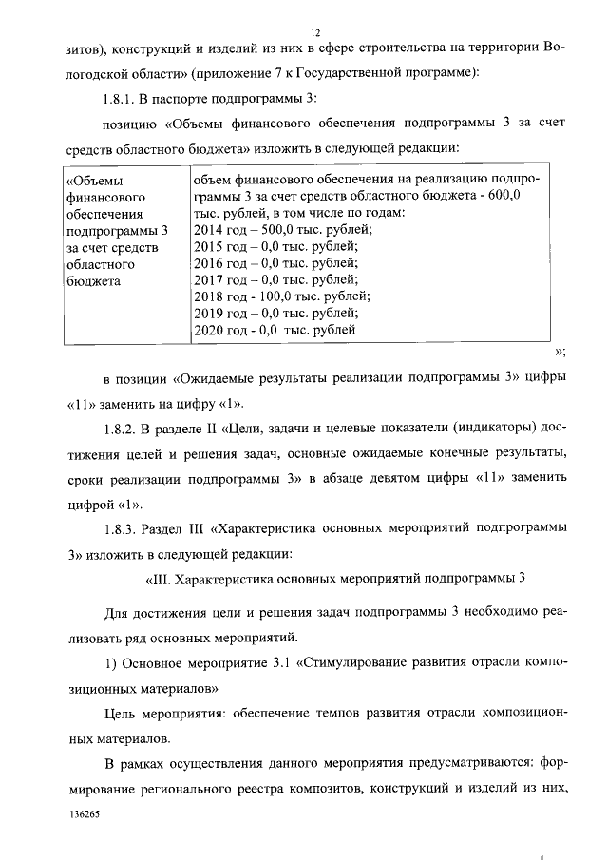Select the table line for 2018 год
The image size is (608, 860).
pyautogui.click(x=281, y=296)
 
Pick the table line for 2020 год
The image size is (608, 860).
pyautogui.click(x=275, y=330)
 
